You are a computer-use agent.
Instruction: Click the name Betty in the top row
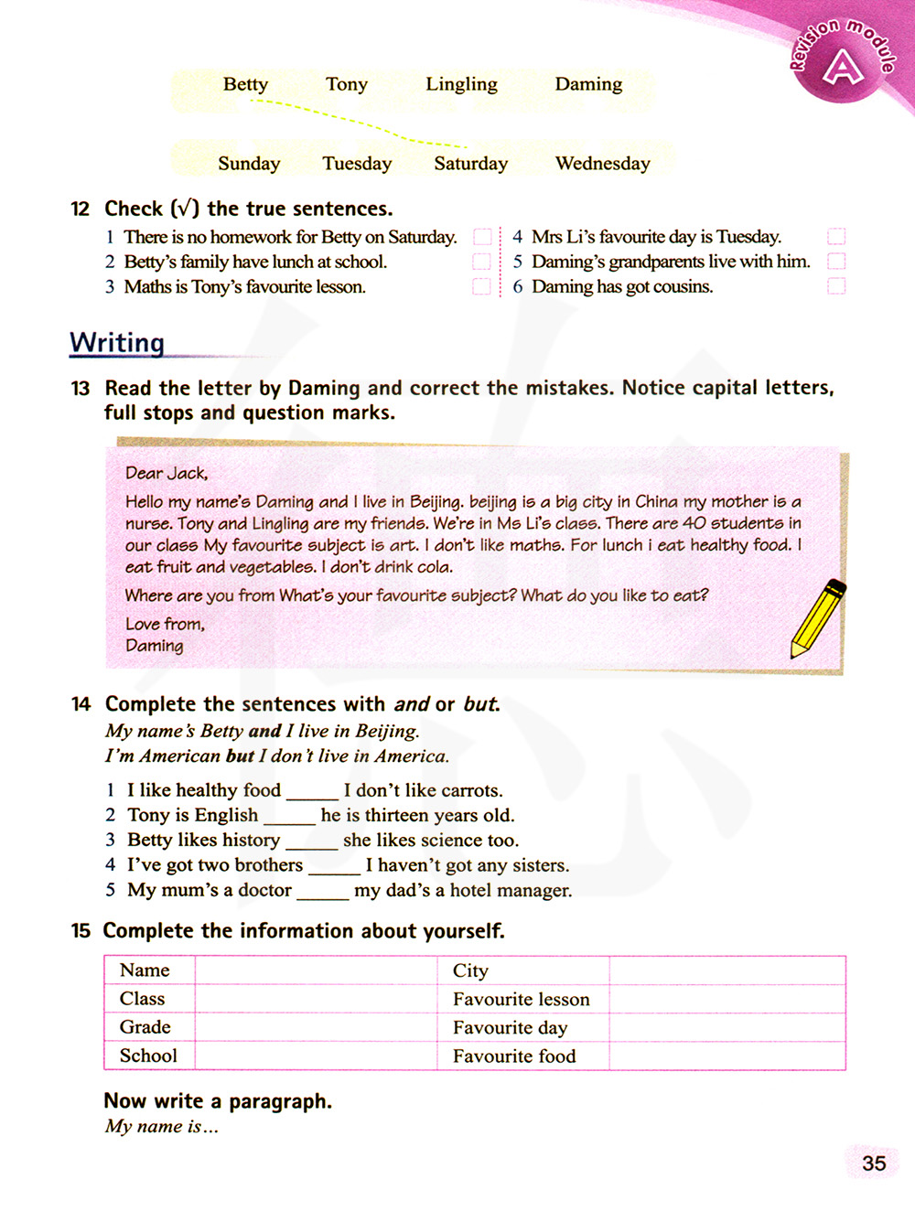(x=245, y=84)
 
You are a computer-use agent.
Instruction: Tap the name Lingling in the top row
(x=461, y=84)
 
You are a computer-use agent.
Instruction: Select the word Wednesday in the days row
(x=602, y=164)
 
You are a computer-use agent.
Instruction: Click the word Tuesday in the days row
(x=357, y=164)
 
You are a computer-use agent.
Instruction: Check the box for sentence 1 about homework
(x=482, y=237)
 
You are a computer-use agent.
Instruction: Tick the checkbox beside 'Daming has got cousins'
(x=835, y=286)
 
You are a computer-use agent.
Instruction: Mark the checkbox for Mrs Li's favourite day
(x=835, y=237)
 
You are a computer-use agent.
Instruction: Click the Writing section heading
(x=117, y=342)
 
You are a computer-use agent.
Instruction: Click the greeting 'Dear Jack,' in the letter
(x=167, y=473)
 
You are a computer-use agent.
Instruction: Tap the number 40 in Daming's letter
(x=694, y=523)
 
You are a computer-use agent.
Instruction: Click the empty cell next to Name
(x=316, y=970)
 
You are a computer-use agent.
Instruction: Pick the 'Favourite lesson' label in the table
(x=521, y=999)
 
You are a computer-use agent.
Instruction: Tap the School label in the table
(x=148, y=1056)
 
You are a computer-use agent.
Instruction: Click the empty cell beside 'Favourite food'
(x=727, y=1056)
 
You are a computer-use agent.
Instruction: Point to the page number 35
(x=874, y=1163)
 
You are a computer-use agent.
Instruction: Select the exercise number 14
(x=81, y=704)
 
